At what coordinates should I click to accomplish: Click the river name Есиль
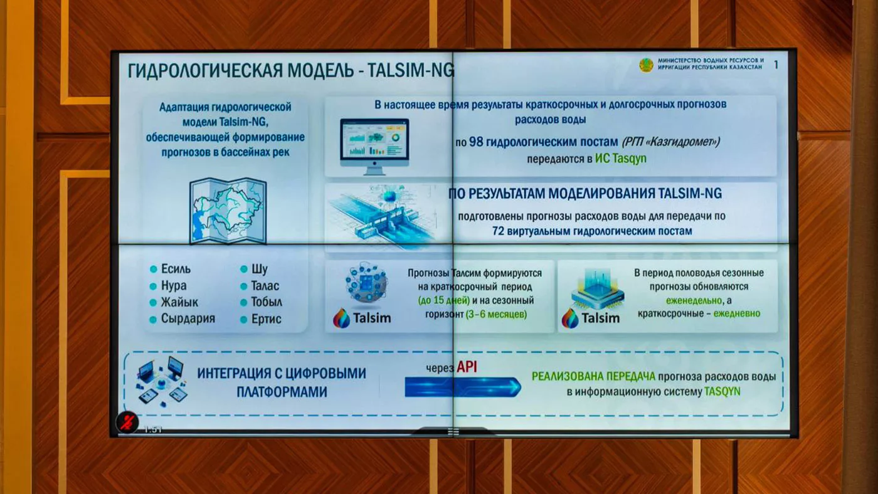(x=176, y=269)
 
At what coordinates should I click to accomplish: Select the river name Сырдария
(x=188, y=318)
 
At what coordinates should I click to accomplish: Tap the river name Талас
(x=265, y=286)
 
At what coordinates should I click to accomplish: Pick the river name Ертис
(x=266, y=319)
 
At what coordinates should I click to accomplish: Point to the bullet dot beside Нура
(x=153, y=286)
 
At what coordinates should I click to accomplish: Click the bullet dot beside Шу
(x=244, y=269)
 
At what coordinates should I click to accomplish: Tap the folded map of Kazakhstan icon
(x=228, y=211)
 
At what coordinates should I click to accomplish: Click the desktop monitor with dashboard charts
(x=374, y=146)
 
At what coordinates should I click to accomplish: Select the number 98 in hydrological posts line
(x=476, y=142)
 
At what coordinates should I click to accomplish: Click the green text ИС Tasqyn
(x=620, y=159)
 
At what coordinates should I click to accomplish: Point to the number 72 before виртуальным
(x=498, y=231)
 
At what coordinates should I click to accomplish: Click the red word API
(x=467, y=367)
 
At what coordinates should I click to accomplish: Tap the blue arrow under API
(x=463, y=387)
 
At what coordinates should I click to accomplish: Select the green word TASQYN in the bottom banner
(x=722, y=391)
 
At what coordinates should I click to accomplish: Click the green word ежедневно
(x=736, y=313)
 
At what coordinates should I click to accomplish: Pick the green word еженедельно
(x=694, y=300)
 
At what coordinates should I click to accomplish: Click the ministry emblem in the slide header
(x=646, y=65)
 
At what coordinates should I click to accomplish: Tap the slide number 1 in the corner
(x=776, y=65)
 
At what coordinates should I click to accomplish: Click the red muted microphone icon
(x=127, y=422)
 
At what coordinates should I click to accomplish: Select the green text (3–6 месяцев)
(x=496, y=314)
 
